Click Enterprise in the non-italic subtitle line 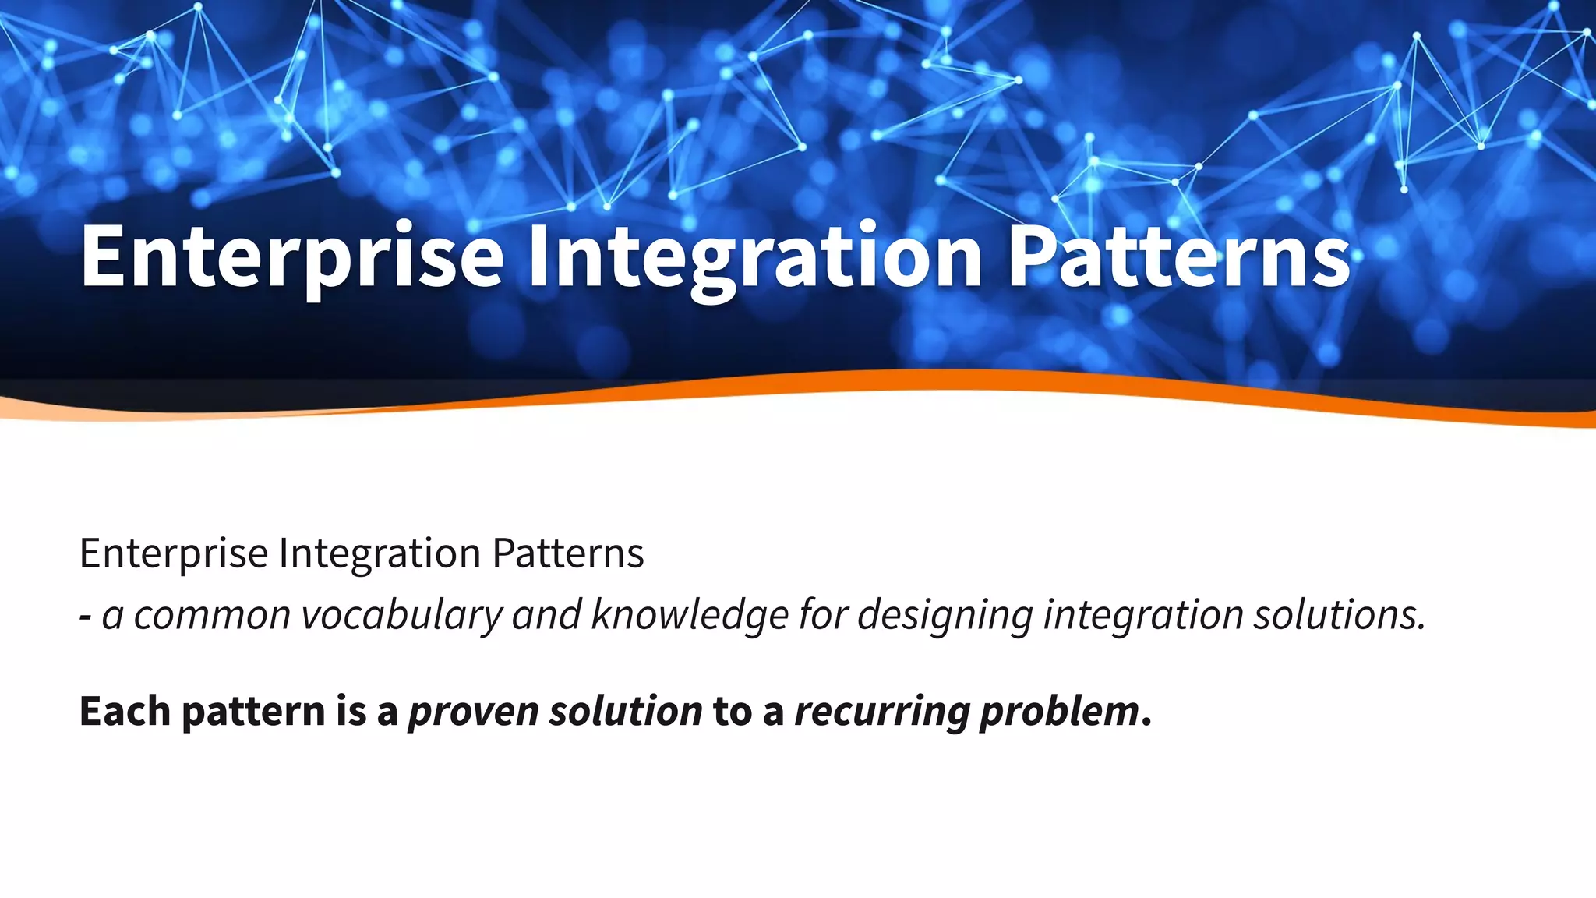(174, 554)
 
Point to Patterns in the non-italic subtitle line (567, 554)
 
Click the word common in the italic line (212, 615)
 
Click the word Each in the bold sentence (125, 711)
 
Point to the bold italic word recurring (882, 711)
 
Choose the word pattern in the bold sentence (253, 711)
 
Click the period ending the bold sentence (1146, 723)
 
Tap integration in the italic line (1143, 615)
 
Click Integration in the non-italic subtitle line (380, 554)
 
